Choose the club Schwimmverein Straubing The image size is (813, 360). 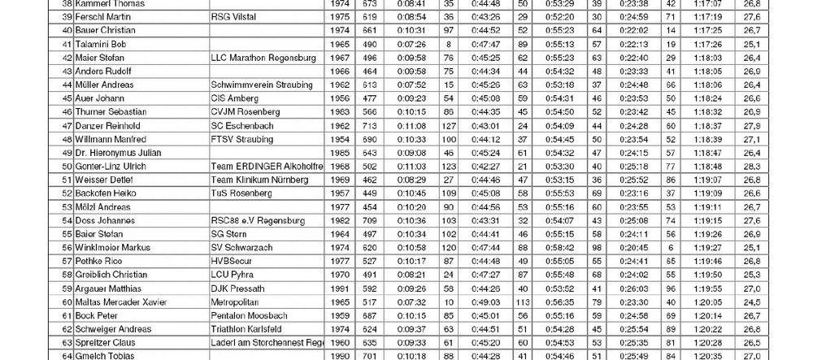coord(260,85)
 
